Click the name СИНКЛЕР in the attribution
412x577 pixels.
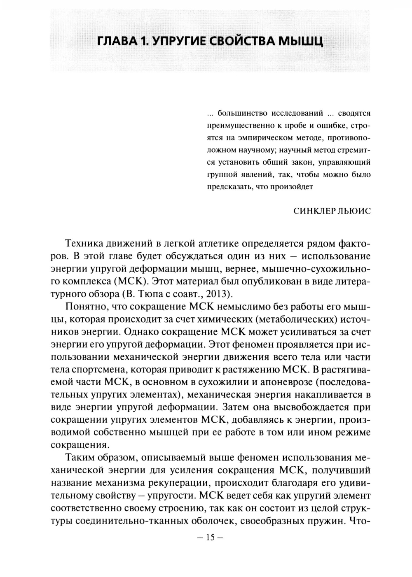pyautogui.click(x=314, y=211)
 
